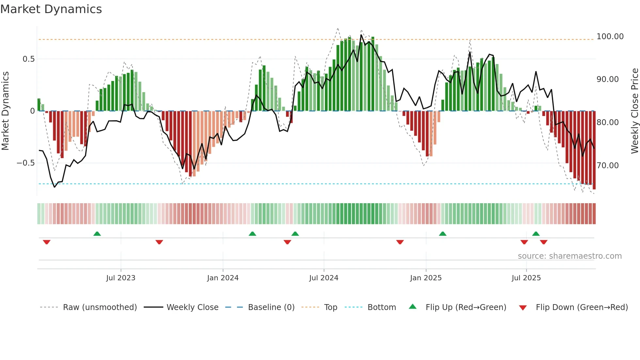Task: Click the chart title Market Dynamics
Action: coord(51,9)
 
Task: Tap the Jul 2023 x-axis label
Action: coord(120,278)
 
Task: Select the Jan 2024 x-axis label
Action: coord(223,278)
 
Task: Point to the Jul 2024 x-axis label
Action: coord(324,278)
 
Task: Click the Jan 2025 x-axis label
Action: coord(426,278)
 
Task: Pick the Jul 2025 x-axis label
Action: coord(526,278)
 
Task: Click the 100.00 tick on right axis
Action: coord(610,37)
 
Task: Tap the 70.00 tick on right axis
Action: coord(608,166)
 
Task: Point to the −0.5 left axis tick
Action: coord(26,163)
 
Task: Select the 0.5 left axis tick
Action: coord(28,59)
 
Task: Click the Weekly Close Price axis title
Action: coord(634,111)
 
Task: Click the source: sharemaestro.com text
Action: coord(569,256)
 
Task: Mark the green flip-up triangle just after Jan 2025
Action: coord(442,234)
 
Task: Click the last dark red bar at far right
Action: coord(594,150)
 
